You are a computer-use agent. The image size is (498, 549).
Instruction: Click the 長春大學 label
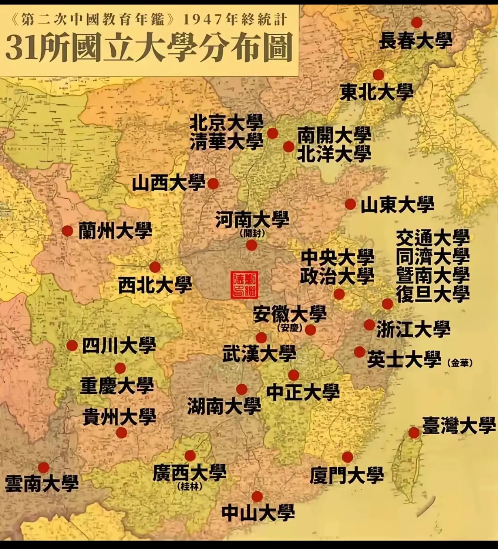(x=415, y=41)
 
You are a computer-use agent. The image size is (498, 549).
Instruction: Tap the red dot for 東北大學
(x=378, y=75)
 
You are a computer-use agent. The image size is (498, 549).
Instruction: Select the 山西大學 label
(x=169, y=184)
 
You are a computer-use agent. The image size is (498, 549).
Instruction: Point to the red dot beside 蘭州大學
(x=67, y=231)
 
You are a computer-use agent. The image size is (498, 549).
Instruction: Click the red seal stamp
(x=244, y=285)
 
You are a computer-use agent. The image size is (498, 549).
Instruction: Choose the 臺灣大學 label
(x=459, y=426)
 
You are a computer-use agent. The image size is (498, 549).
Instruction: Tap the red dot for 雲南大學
(x=43, y=467)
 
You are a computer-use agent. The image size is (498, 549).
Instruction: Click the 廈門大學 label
(x=347, y=475)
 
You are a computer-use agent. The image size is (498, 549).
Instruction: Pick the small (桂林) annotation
(x=190, y=486)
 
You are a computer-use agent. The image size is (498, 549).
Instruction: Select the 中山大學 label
(x=258, y=513)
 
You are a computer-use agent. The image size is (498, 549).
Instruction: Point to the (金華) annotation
(x=460, y=363)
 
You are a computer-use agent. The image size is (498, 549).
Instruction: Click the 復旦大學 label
(x=433, y=294)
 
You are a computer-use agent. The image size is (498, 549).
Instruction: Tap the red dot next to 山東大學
(x=350, y=204)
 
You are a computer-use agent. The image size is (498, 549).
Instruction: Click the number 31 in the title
(x=21, y=48)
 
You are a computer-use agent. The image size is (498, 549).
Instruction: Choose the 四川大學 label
(x=119, y=346)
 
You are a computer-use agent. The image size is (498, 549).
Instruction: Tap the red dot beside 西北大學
(x=155, y=267)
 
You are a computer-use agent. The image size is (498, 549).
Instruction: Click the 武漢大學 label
(x=259, y=354)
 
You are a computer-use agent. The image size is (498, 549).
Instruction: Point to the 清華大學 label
(x=226, y=142)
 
